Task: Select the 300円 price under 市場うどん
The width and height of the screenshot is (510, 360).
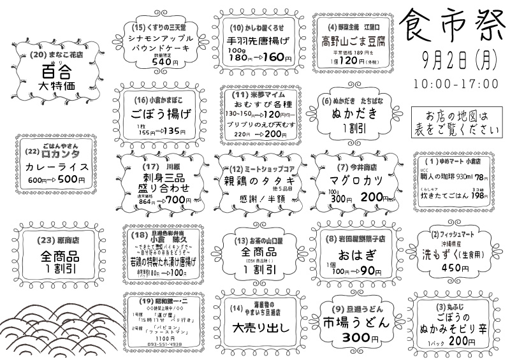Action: [x=355, y=337]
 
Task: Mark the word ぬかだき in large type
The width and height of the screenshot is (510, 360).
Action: [x=353, y=115]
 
